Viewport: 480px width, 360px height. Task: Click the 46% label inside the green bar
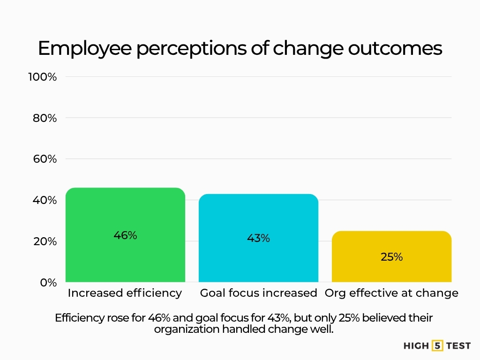click(125, 235)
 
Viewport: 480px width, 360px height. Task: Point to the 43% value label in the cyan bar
click(258, 238)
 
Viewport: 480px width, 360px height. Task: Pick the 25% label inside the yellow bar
click(391, 257)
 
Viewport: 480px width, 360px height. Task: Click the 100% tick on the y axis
click(42, 77)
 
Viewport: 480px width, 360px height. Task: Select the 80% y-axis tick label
click(45, 118)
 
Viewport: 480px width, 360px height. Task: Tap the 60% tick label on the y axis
click(45, 159)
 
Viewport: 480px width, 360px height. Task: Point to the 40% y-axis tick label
click(45, 200)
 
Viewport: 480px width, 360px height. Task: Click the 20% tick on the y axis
click(45, 241)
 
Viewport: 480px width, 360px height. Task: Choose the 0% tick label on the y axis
click(47, 283)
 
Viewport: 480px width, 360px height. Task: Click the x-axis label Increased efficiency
click(125, 293)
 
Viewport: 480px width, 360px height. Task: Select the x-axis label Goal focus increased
click(258, 293)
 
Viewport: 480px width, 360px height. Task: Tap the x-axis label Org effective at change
click(391, 293)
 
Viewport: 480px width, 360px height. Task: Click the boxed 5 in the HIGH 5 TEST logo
click(437, 346)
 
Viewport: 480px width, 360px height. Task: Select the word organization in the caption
click(187, 329)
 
